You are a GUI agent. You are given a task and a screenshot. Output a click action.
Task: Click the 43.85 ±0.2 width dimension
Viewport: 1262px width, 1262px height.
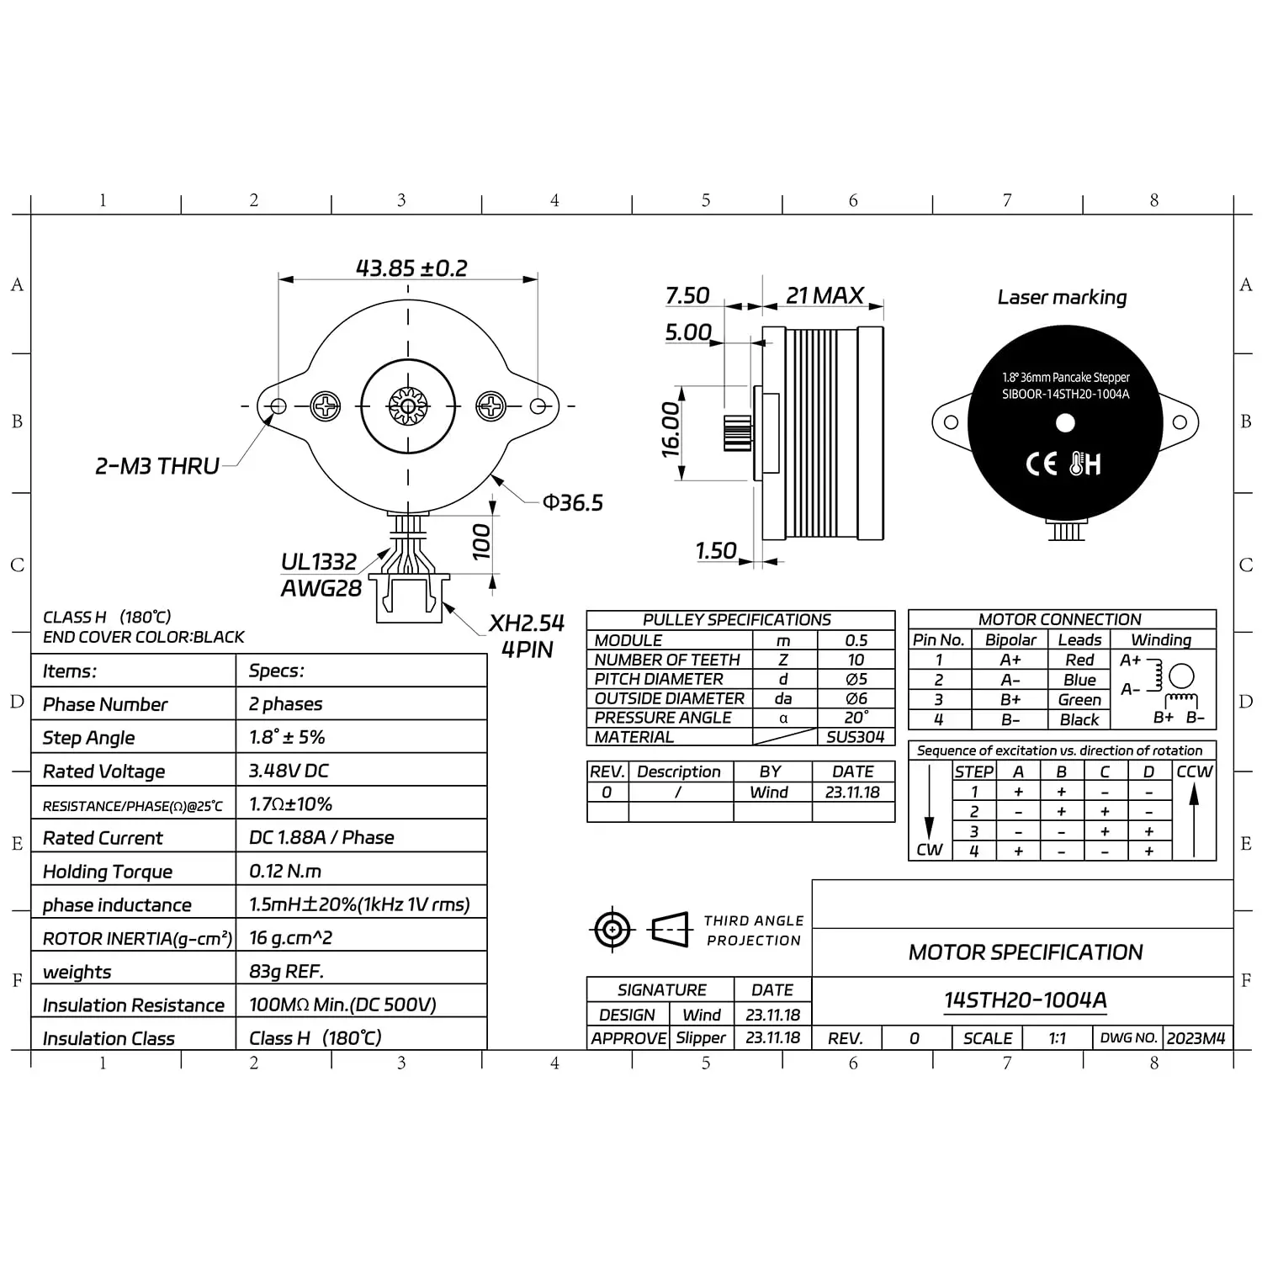pyautogui.click(x=411, y=268)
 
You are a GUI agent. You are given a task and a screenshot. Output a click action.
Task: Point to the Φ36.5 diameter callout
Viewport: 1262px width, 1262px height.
pyautogui.click(x=572, y=502)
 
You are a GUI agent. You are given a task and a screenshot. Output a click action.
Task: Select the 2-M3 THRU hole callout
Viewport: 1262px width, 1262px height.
pyautogui.click(x=157, y=465)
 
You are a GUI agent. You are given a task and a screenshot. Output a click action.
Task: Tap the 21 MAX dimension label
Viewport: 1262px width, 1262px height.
pyautogui.click(x=825, y=295)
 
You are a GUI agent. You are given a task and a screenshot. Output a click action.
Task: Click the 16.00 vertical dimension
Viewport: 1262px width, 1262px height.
pyautogui.click(x=671, y=430)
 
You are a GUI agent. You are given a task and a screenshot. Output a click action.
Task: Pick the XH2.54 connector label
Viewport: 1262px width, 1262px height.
pyautogui.click(x=527, y=623)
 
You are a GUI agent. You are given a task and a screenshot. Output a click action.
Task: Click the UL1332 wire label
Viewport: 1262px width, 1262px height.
pyautogui.click(x=319, y=561)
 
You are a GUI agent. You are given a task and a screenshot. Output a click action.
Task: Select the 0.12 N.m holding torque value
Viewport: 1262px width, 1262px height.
pyautogui.click(x=285, y=871)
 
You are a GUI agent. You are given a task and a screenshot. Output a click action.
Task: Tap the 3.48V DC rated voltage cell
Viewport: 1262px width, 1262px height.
pyautogui.click(x=289, y=771)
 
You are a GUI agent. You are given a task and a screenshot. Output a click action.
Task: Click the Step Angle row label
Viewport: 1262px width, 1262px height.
pyautogui.click(x=88, y=738)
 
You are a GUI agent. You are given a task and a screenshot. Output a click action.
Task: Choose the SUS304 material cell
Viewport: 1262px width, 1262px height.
pyautogui.click(x=856, y=737)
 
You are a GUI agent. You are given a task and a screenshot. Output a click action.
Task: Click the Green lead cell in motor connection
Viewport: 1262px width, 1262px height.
pyautogui.click(x=1079, y=700)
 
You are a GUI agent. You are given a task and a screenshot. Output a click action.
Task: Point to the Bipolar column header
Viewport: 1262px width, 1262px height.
pyautogui.click(x=1010, y=640)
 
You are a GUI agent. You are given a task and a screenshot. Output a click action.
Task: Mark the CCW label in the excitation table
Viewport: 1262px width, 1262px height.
pyautogui.click(x=1194, y=772)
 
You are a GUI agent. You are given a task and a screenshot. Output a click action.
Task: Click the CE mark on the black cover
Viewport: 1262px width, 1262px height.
pyautogui.click(x=1042, y=464)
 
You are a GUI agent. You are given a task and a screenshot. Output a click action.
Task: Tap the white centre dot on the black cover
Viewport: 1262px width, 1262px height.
pyautogui.click(x=1065, y=423)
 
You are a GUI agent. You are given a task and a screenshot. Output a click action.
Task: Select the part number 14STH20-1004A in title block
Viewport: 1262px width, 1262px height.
pyautogui.click(x=1025, y=1000)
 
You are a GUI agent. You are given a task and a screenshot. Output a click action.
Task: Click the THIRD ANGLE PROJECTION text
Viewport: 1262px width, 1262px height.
pyautogui.click(x=754, y=931)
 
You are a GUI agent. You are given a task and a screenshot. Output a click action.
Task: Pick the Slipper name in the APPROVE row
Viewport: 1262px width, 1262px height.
pyautogui.click(x=700, y=1038)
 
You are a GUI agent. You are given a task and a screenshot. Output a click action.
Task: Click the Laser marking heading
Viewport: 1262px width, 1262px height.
pyautogui.click(x=1062, y=297)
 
